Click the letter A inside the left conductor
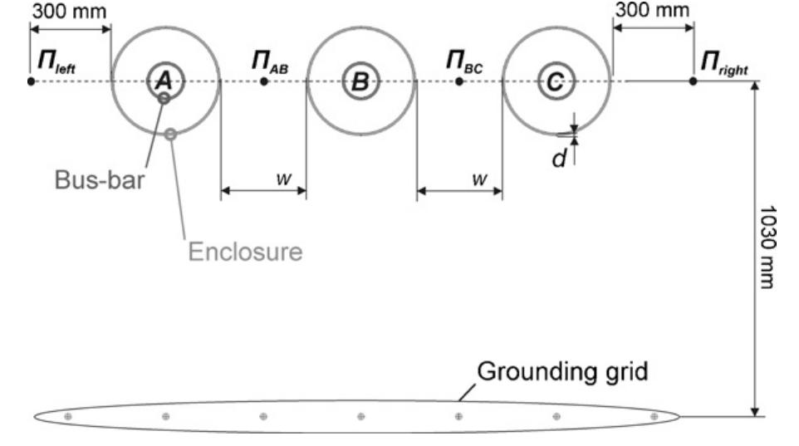click(x=164, y=81)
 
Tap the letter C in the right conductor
click(x=556, y=81)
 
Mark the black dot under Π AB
click(x=263, y=81)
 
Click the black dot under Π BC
click(x=459, y=81)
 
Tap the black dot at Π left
click(x=31, y=81)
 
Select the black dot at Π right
click(x=693, y=81)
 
